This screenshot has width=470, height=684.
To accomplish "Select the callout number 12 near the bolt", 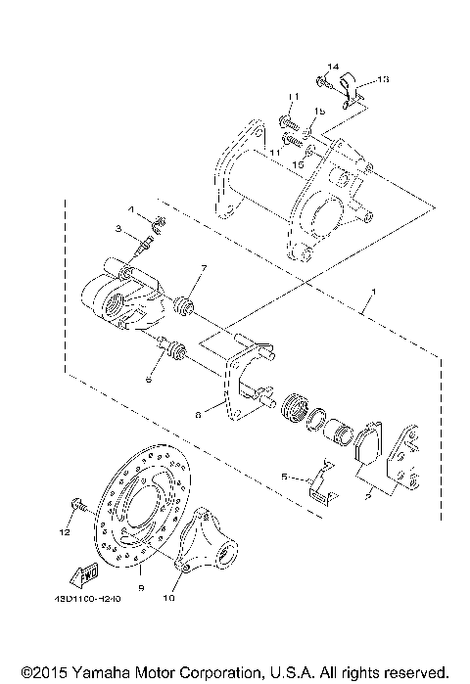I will pyautogui.click(x=65, y=534).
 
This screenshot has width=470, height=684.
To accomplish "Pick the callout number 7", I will pyautogui.click(x=204, y=267).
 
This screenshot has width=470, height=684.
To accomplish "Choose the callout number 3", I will pyautogui.click(x=118, y=229).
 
